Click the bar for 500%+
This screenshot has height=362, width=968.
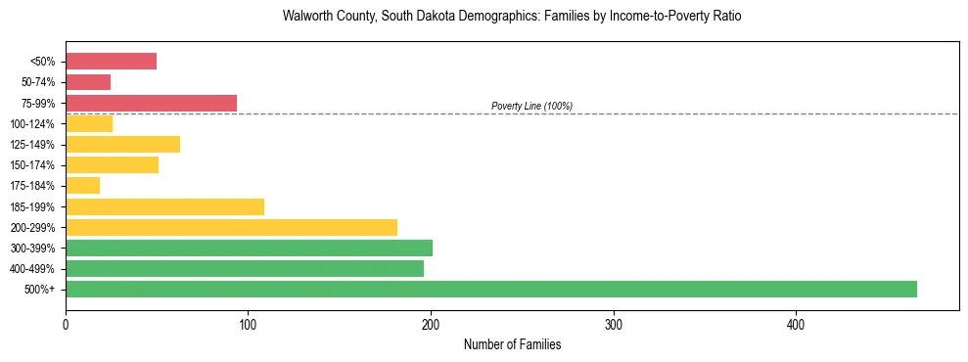pyautogui.click(x=490, y=289)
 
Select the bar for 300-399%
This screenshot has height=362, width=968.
pyautogui.click(x=249, y=248)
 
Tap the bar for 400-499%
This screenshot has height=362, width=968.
pyautogui.click(x=245, y=268)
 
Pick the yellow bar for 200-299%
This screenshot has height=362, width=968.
pyautogui.click(x=231, y=227)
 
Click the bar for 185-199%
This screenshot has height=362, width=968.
pyautogui.click(x=164, y=206)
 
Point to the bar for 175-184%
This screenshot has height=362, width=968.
pyautogui.click(x=82, y=186)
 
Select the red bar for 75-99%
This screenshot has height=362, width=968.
pyautogui.click(x=151, y=103)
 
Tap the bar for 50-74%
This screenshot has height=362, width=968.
pyautogui.click(x=88, y=82)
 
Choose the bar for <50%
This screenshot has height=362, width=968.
pyautogui.click(x=111, y=62)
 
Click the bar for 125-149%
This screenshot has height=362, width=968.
pyautogui.click(x=122, y=145)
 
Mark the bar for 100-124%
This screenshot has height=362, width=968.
pyautogui.click(x=89, y=123)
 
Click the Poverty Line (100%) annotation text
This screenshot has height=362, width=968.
pyautogui.click(x=531, y=106)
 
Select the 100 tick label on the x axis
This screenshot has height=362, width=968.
pyautogui.click(x=249, y=324)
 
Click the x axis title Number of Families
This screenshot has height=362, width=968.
pyautogui.click(x=512, y=344)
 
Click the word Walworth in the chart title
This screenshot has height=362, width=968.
pyautogui.click(x=304, y=17)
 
